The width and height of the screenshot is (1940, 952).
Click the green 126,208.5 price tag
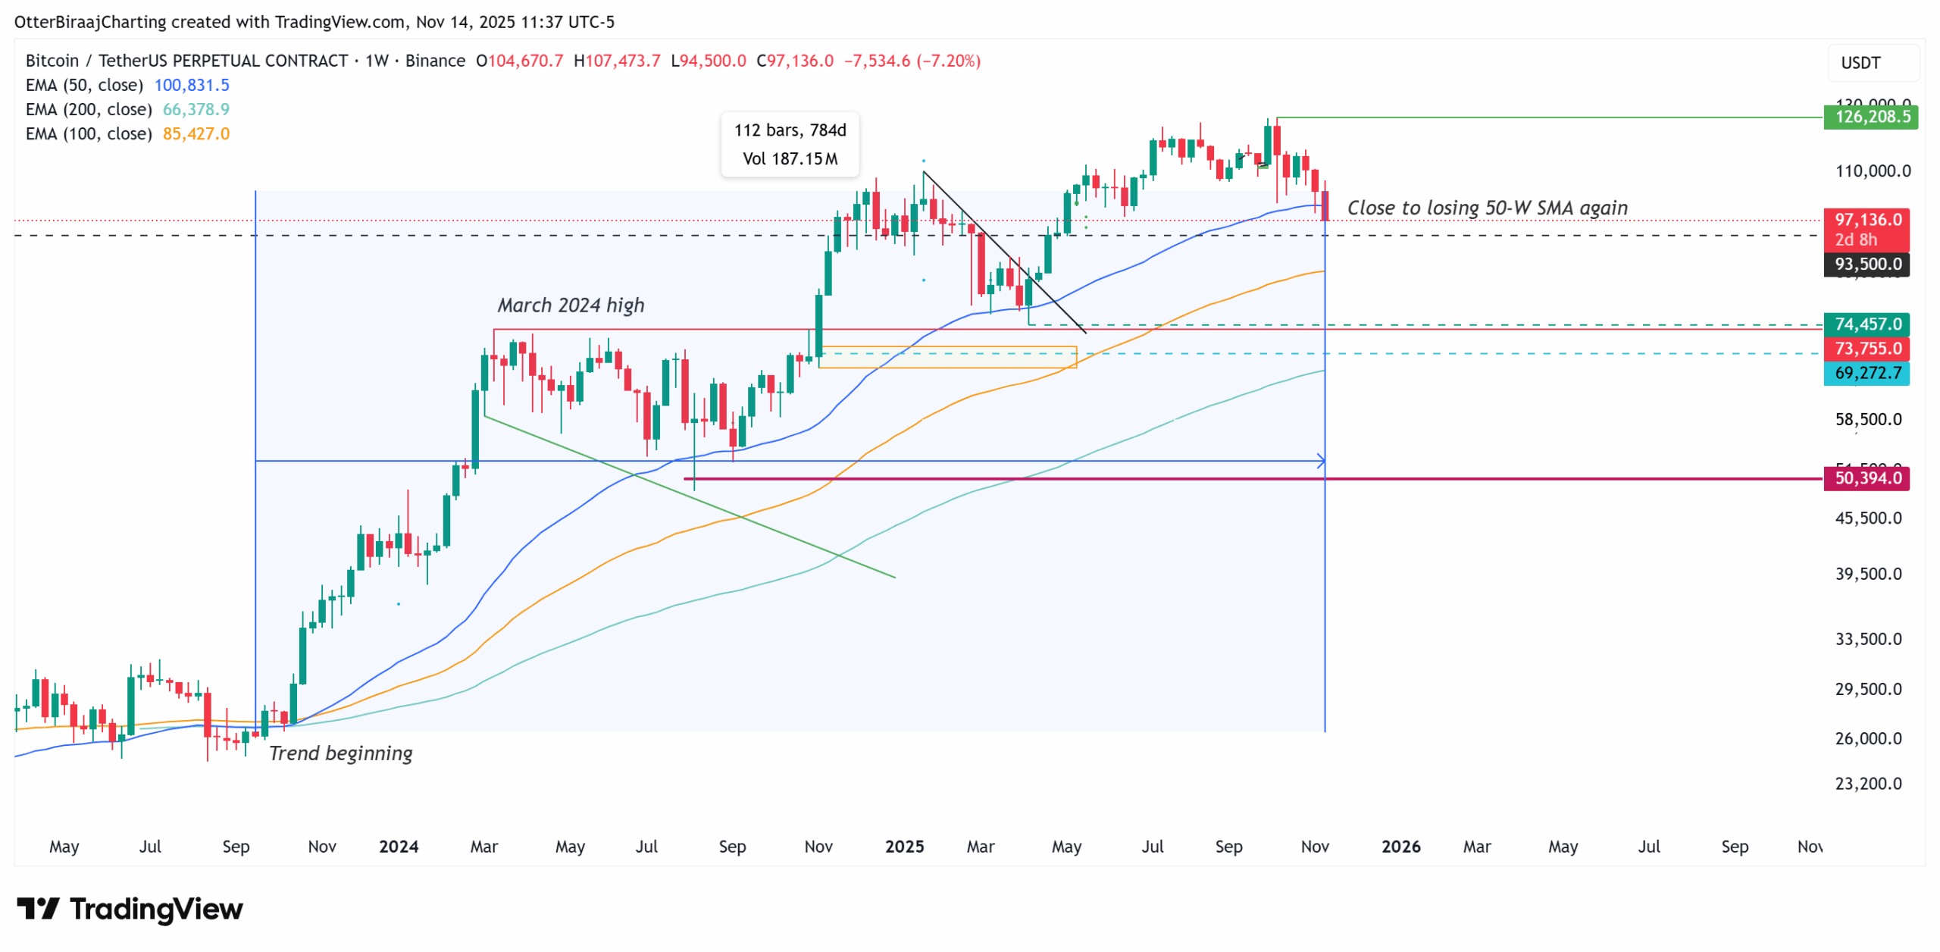point(1870,117)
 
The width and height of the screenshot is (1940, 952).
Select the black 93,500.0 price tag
point(1866,264)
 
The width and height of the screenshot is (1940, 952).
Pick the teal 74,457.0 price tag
point(1866,324)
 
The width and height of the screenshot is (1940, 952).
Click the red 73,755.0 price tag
point(1866,349)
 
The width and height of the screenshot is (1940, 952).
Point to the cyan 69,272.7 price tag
point(1866,373)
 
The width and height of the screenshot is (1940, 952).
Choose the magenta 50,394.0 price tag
point(1866,478)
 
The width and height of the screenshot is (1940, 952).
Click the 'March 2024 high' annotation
point(571,305)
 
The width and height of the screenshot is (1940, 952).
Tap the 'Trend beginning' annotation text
point(340,753)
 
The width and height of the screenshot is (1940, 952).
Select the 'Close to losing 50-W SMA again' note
point(1487,208)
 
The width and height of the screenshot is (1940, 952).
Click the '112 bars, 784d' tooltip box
point(790,144)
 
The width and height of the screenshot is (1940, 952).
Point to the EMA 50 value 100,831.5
point(192,85)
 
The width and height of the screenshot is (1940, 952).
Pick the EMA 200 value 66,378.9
point(196,109)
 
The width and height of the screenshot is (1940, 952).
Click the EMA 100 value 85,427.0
point(196,133)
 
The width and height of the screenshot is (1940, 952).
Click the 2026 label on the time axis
point(1400,847)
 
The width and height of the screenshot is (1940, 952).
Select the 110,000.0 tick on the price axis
point(1873,171)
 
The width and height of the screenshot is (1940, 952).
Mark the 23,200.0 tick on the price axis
point(1868,784)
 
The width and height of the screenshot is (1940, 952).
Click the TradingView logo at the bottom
point(130,909)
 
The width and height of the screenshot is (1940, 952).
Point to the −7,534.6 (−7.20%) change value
point(912,61)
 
